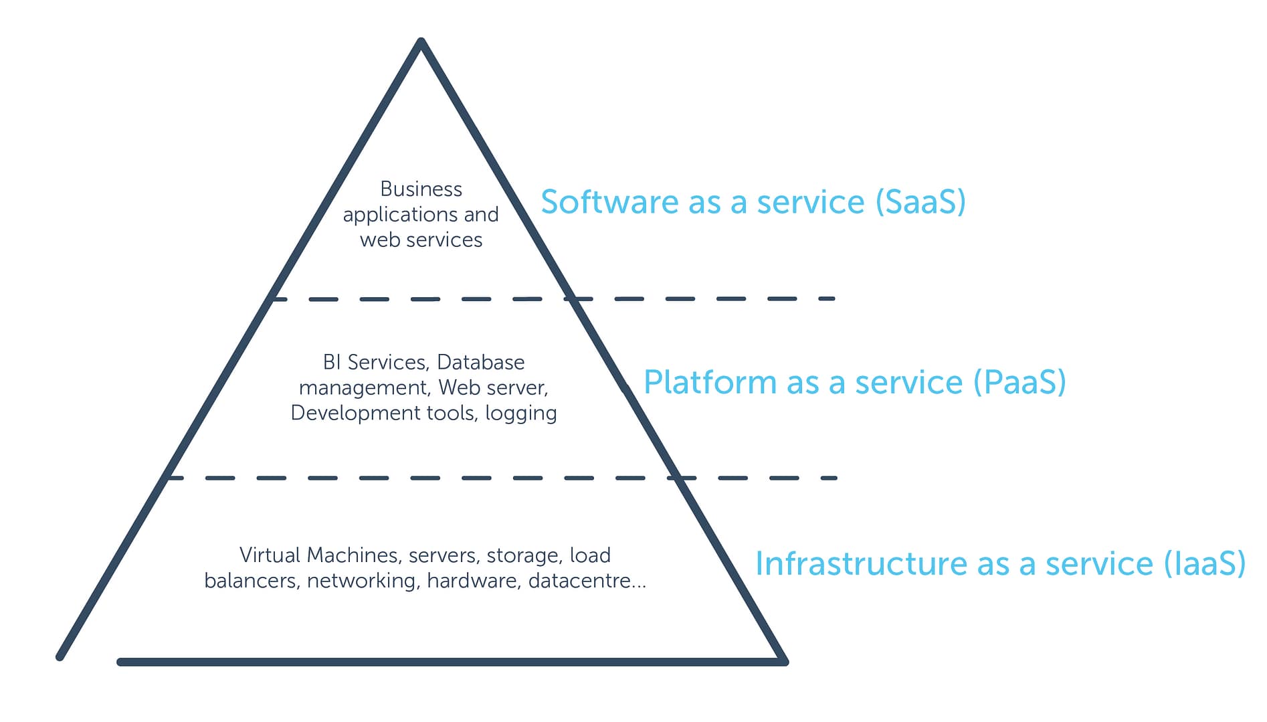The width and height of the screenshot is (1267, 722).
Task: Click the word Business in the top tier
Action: [421, 189]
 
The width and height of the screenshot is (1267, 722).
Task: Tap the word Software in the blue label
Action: [609, 202]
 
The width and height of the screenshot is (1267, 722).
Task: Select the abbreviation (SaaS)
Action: [920, 202]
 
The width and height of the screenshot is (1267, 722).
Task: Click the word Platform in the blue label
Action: [710, 383]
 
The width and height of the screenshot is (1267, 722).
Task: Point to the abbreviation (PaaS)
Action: [1019, 383]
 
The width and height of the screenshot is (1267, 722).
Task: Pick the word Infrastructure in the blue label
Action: [861, 563]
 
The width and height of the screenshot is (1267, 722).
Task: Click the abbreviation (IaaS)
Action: [1205, 563]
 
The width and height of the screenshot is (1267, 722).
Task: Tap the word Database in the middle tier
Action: [480, 362]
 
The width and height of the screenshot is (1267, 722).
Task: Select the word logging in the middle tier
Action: [520, 414]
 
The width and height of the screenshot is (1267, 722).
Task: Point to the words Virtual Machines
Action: [319, 555]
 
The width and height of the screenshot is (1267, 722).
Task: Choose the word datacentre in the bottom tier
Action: [579, 581]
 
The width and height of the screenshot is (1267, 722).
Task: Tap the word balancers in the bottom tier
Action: [251, 581]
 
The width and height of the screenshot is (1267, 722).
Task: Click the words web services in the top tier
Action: [421, 240]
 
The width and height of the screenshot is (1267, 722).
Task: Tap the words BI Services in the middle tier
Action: [375, 362]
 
